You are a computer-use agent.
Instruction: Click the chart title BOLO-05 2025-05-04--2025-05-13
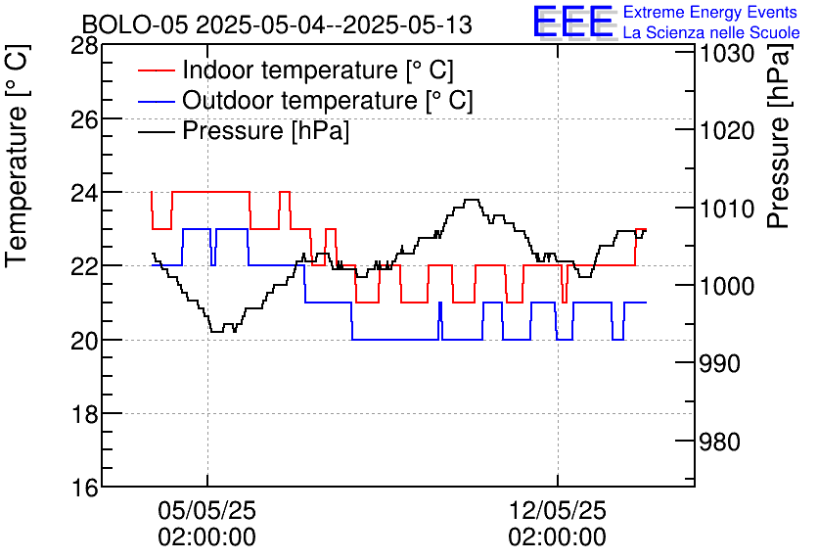[x=277, y=24]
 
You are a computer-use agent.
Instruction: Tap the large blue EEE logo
[x=573, y=22]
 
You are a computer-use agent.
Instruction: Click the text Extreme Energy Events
[x=710, y=13]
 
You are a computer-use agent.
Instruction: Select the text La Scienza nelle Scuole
[x=711, y=32]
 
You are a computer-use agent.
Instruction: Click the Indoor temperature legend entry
[x=318, y=70]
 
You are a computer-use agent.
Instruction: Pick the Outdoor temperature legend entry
[x=328, y=101]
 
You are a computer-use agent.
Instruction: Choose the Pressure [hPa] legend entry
[x=265, y=131]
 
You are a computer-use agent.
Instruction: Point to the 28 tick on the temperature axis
[x=84, y=46]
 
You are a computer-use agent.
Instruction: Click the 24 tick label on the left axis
[x=84, y=193]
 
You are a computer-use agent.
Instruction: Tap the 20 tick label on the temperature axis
[x=84, y=340]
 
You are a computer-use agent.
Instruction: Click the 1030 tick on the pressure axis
[x=727, y=53]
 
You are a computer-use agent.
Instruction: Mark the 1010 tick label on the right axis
[x=727, y=209]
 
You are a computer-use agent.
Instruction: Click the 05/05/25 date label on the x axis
[x=206, y=511]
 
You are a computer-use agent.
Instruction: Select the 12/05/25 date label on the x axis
[x=557, y=511]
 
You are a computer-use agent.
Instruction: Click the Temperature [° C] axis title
[x=18, y=172]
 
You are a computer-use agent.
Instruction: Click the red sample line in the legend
[x=157, y=70]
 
